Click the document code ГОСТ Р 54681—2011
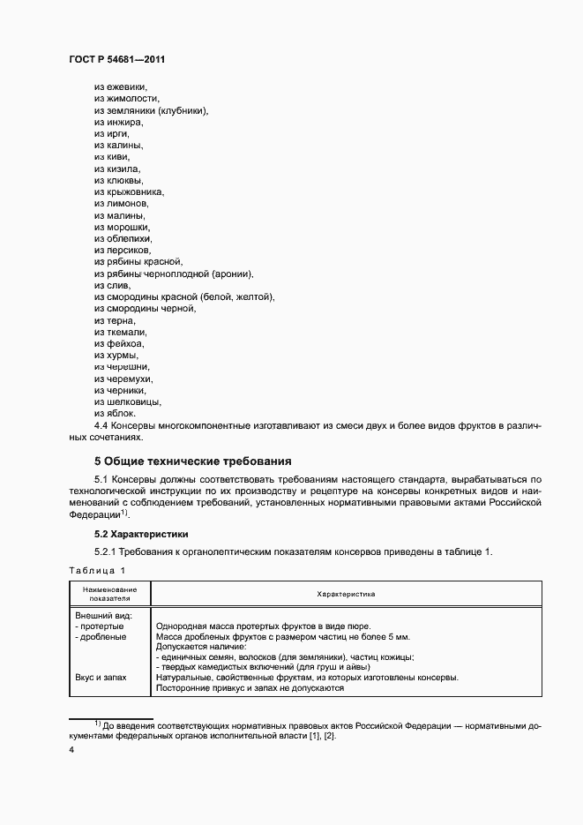116,59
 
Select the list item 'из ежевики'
120,86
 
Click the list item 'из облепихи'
123,238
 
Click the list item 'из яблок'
115,413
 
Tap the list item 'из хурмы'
116,355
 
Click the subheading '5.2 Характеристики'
141,535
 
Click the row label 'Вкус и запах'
101,677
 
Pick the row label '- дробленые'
101,636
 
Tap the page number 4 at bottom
71,750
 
